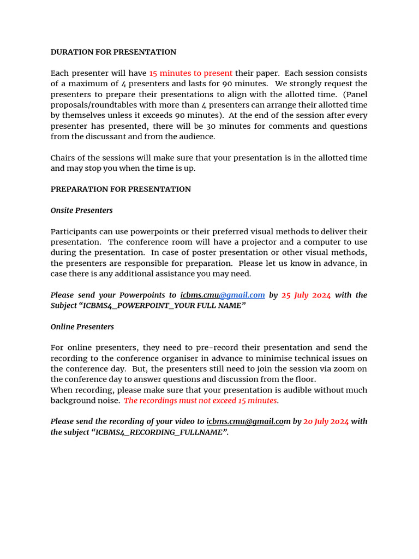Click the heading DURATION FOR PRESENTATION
click(x=113, y=52)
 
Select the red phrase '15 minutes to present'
click(x=190, y=73)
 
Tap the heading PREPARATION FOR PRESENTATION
click(x=121, y=189)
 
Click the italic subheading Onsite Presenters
click(x=82, y=211)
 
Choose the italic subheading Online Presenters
click(x=82, y=327)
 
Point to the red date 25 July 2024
click(x=306, y=295)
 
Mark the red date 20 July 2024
click(x=326, y=421)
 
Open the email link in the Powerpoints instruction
click(x=223, y=295)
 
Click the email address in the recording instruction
click(x=248, y=421)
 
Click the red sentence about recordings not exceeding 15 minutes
click(x=200, y=401)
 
